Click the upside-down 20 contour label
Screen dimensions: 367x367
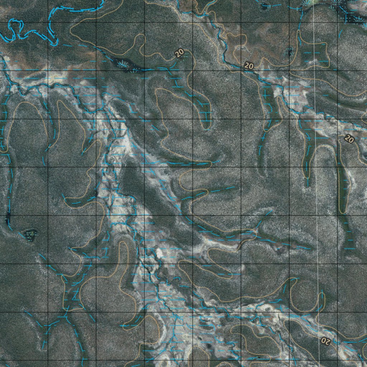click(325, 340)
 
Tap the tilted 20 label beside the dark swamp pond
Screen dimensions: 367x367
click(180, 53)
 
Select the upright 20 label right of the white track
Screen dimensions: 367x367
click(349, 138)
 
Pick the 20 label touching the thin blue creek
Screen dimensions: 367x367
click(248, 66)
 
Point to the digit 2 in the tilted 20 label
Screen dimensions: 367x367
click(178, 54)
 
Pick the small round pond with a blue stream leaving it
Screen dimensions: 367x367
click(265, 5)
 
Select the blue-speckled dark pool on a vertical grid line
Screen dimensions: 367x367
click(289, 53)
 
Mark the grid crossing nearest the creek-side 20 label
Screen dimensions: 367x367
click(240, 71)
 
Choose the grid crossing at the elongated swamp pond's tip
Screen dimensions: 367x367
click(144, 71)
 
